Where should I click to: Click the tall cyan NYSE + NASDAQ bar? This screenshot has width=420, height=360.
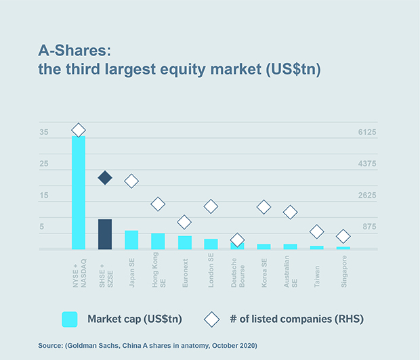[79, 193]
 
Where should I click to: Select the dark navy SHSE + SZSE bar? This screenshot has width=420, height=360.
[105, 234]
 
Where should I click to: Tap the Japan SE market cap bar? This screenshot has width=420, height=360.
[131, 240]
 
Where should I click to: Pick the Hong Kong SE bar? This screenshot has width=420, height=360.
[158, 241]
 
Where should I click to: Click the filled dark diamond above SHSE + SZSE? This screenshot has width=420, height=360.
[105, 178]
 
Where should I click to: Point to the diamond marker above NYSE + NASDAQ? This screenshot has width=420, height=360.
[79, 130]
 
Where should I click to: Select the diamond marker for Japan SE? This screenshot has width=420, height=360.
[131, 181]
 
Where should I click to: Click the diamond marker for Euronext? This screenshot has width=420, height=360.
[184, 222]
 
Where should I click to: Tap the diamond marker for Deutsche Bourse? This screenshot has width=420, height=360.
[237, 240]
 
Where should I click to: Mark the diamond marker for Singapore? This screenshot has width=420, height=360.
[343, 236]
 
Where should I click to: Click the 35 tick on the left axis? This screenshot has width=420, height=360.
[44, 133]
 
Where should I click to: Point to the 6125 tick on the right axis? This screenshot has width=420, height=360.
[366, 133]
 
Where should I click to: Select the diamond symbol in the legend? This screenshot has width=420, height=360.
[212, 319]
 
